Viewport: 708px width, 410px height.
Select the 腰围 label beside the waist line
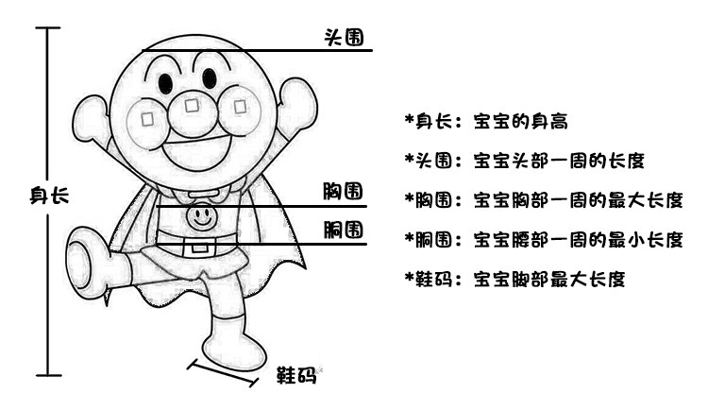tap(345, 231)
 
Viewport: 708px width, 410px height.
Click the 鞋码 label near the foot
tap(295, 375)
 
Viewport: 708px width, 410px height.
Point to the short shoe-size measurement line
tap(224, 372)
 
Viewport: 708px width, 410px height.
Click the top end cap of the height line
tap(47, 29)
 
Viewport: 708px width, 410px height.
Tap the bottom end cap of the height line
tap(47, 375)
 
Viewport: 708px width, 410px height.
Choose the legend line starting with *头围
tap(524, 161)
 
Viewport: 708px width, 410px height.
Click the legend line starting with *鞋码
tap(514, 279)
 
